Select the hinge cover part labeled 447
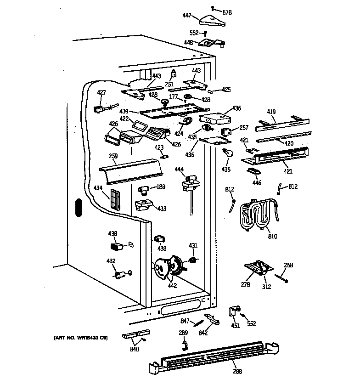pyautogui.click(x=213, y=20)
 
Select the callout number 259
pyautogui.click(x=113, y=156)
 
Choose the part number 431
pyautogui.click(x=193, y=246)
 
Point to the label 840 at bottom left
pyautogui.click(x=135, y=349)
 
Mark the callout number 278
pyautogui.click(x=246, y=285)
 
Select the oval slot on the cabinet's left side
pyautogui.click(x=78, y=207)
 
